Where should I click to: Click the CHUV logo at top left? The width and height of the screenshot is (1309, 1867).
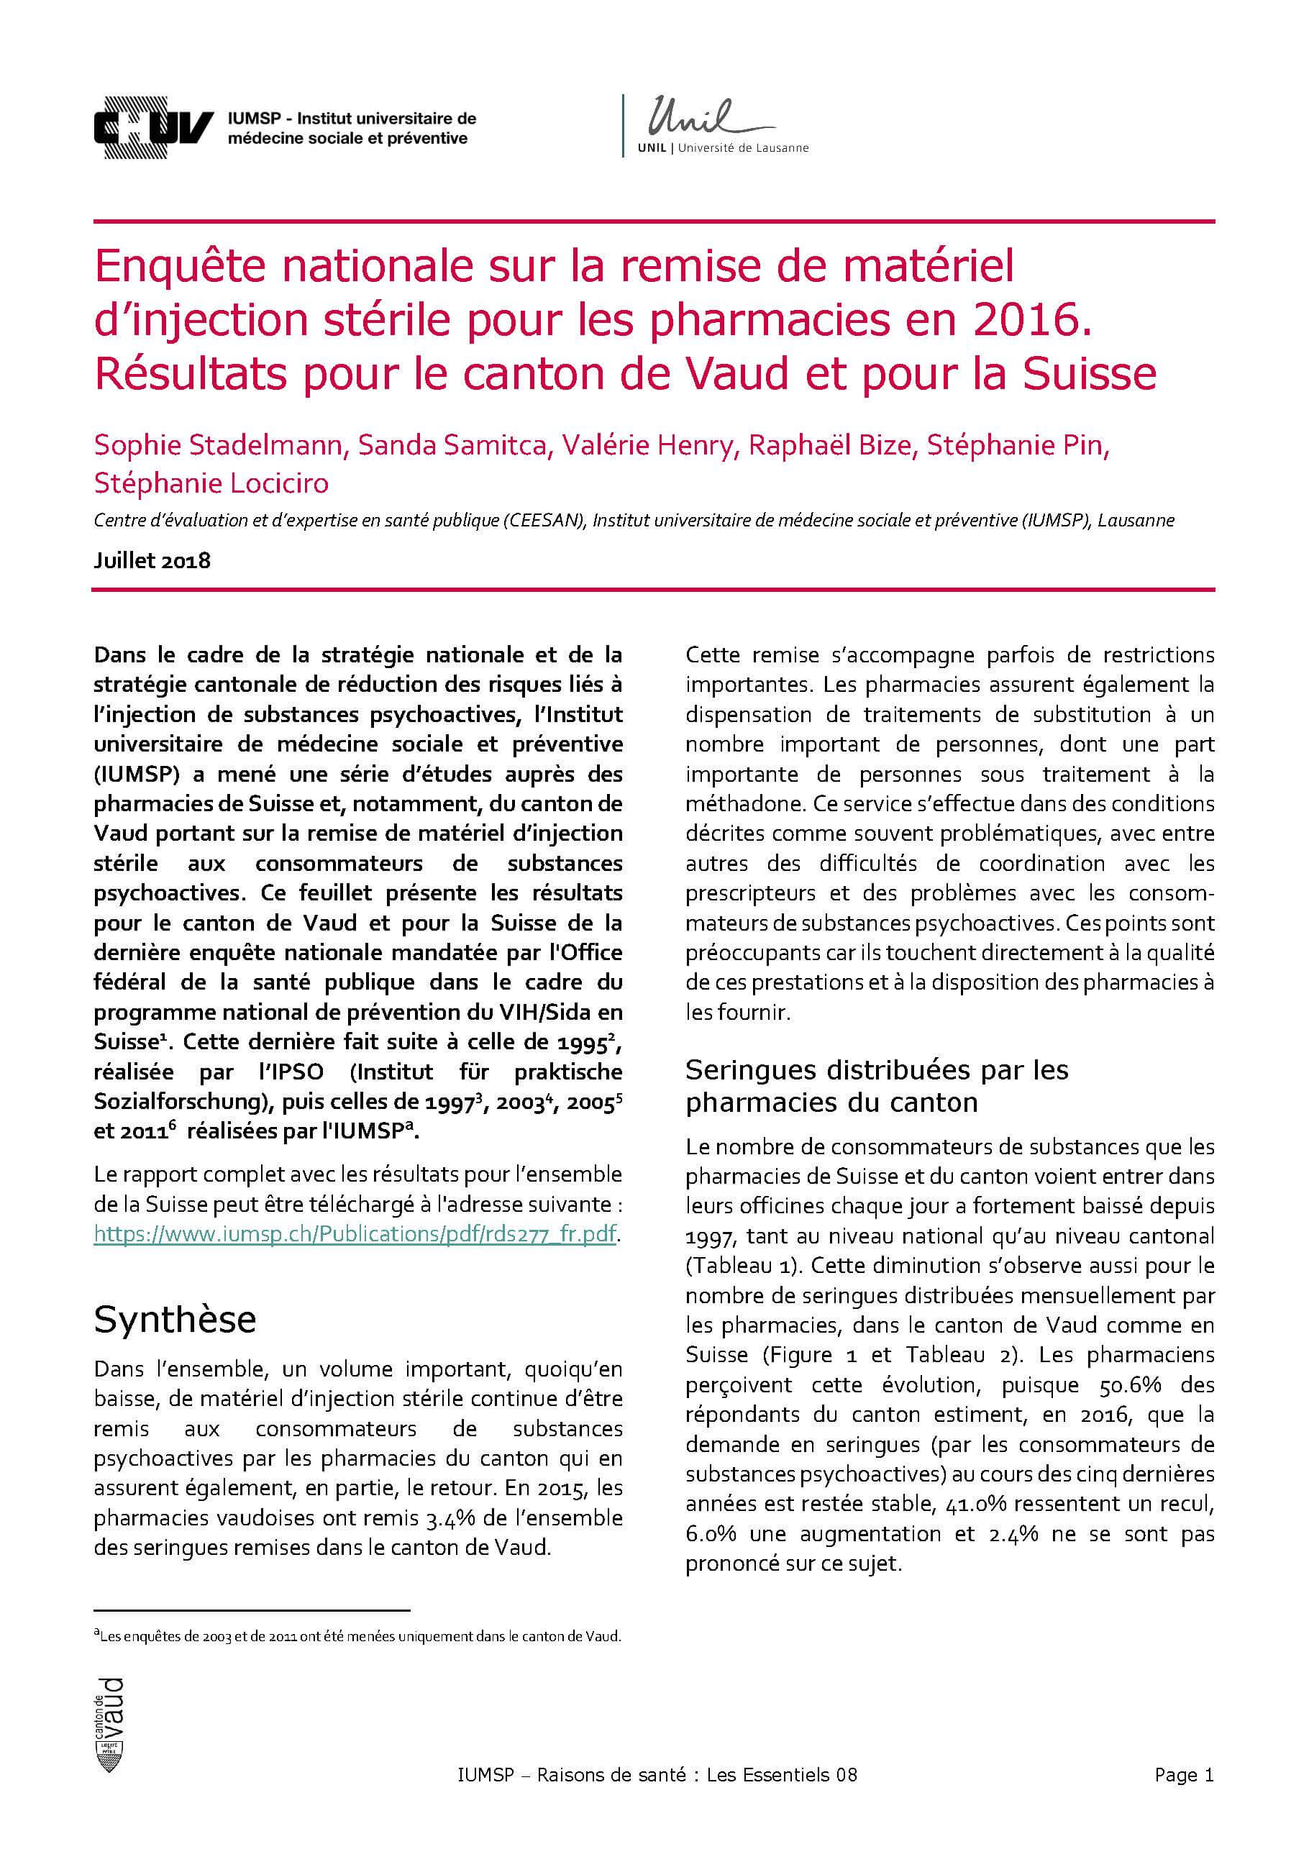pos(154,128)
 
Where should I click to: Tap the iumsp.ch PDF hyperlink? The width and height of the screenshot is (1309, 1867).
pos(355,1233)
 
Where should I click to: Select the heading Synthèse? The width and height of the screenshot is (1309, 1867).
pos(175,1319)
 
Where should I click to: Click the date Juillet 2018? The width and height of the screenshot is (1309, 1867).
pos(152,560)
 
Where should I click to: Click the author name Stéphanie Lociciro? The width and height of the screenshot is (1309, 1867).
pos(211,483)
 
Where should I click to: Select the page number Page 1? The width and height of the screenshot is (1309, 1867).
pos(1183,1797)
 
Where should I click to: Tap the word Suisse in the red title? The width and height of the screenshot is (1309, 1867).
pos(1089,374)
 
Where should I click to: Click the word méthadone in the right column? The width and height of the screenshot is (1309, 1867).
pos(746,803)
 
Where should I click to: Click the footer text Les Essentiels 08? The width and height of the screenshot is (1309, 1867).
pos(781,1797)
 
